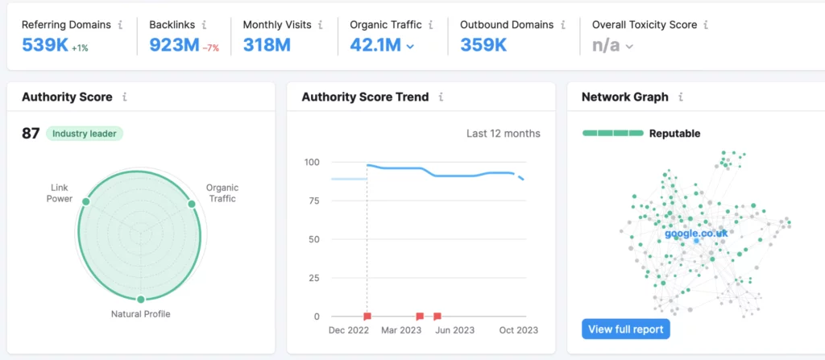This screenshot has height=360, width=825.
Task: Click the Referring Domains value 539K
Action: pyautogui.click(x=44, y=45)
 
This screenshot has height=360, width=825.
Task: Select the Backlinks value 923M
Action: pyautogui.click(x=173, y=45)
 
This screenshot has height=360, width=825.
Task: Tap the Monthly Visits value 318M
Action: pyautogui.click(x=267, y=45)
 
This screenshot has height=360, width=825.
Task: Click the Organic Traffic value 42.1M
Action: pyautogui.click(x=375, y=45)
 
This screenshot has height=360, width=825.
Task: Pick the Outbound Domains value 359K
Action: pyautogui.click(x=483, y=45)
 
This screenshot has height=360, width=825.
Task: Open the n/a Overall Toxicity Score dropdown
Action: pyautogui.click(x=612, y=46)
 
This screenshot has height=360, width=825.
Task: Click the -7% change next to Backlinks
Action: pyautogui.click(x=211, y=48)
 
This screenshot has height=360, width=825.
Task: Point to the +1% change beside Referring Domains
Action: pyautogui.click(x=80, y=48)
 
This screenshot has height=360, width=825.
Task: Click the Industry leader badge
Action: pyautogui.click(x=85, y=134)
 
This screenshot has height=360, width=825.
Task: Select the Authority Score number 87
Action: pyautogui.click(x=31, y=134)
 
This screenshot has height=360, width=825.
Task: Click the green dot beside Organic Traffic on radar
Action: pyautogui.click(x=192, y=204)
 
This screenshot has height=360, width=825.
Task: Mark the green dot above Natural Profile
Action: pyautogui.click(x=141, y=299)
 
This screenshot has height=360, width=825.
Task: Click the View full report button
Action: pyautogui.click(x=625, y=329)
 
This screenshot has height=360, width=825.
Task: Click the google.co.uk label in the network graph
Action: pyautogui.click(x=696, y=234)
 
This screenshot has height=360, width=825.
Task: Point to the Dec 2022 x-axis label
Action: pyautogui.click(x=350, y=330)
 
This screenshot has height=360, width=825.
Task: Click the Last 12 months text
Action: pyautogui.click(x=504, y=134)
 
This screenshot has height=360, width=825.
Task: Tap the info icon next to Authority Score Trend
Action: pyautogui.click(x=442, y=97)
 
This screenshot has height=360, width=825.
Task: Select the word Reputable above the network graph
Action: pyautogui.click(x=674, y=134)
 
